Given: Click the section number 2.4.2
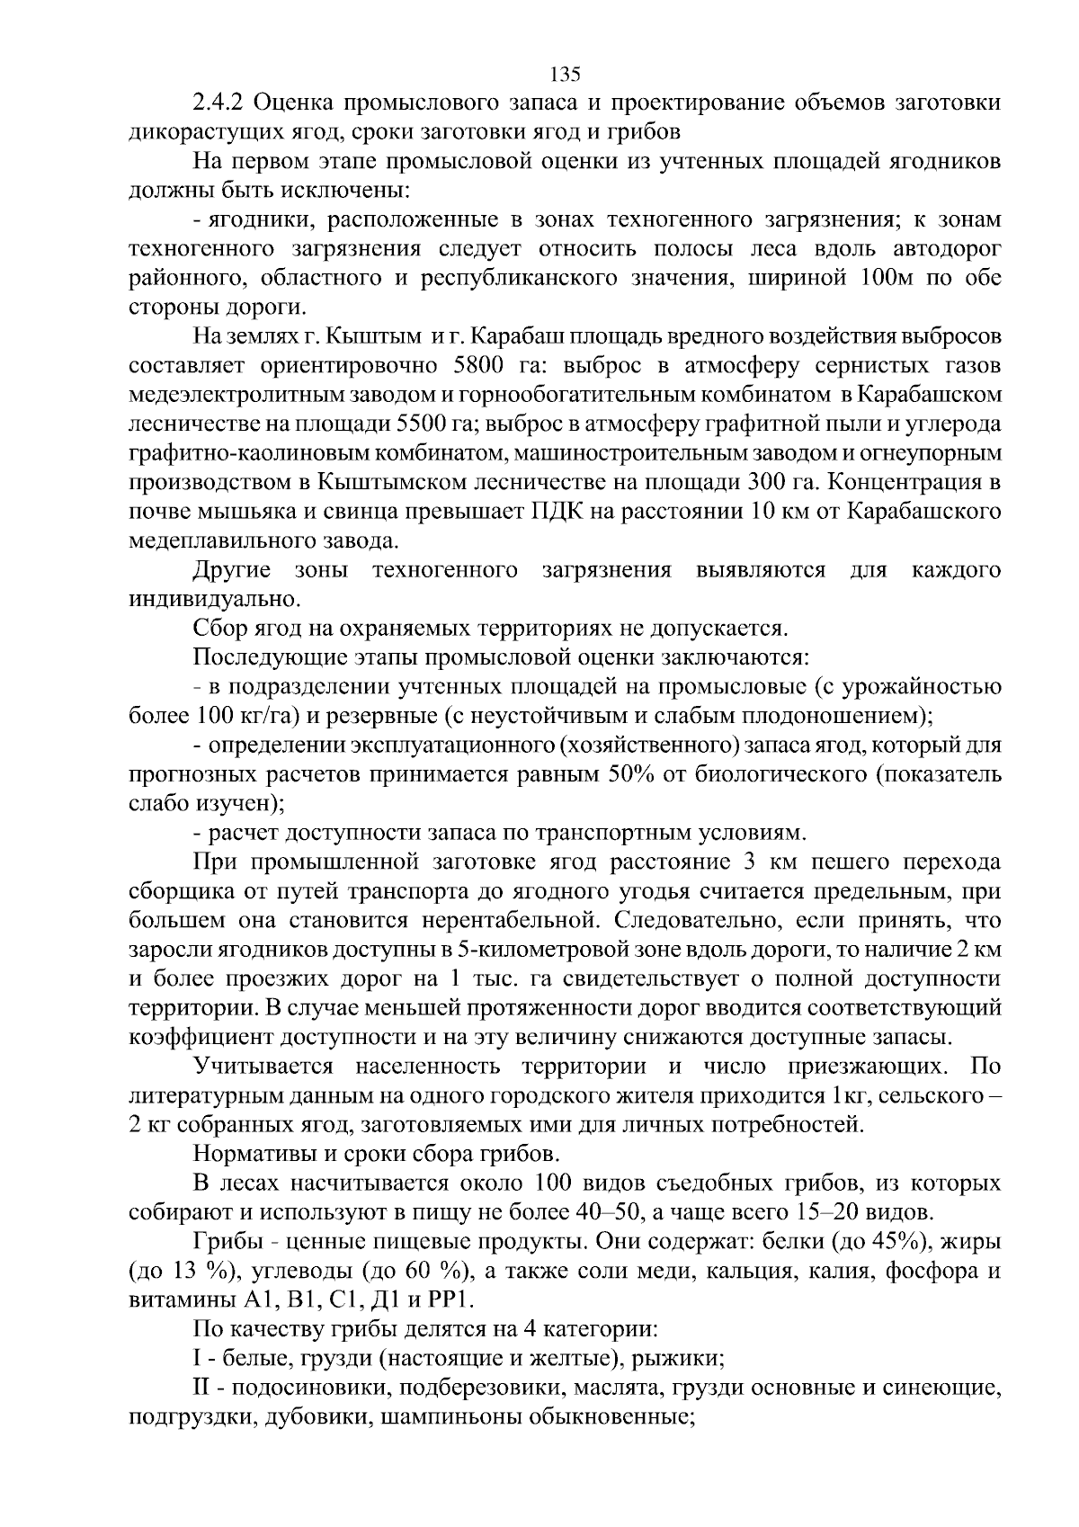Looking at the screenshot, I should (x=216, y=103).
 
